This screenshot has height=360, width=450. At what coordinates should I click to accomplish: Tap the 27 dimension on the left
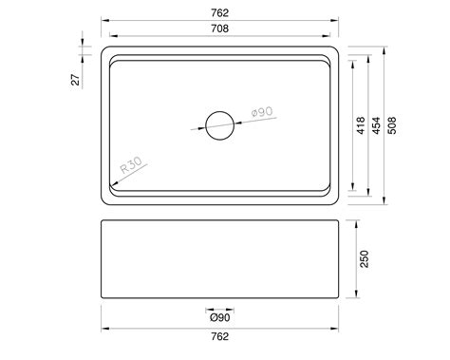[x=76, y=78]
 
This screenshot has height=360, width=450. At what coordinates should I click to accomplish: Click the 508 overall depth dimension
[x=392, y=126]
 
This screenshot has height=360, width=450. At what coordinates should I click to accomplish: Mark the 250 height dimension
[x=364, y=258]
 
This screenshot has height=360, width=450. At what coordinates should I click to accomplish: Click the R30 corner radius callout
[x=130, y=171]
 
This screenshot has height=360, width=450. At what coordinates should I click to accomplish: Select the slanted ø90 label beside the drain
[x=262, y=114]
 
